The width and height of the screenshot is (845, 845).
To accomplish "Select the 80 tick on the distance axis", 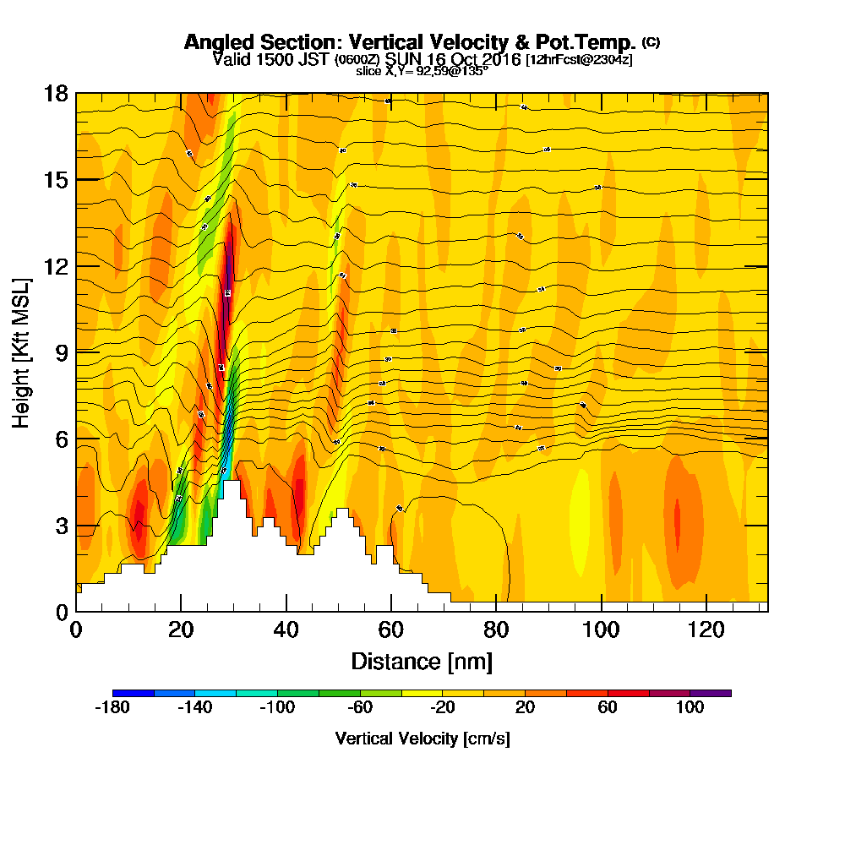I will [x=496, y=629].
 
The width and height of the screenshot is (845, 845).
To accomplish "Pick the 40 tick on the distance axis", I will [x=286, y=629].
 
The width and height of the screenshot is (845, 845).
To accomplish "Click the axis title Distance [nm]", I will [x=422, y=661].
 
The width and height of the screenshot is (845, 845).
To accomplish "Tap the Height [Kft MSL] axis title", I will [x=22, y=352].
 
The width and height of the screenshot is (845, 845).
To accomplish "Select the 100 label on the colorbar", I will [x=690, y=707].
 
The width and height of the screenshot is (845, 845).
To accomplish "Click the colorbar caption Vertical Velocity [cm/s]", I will [x=422, y=739].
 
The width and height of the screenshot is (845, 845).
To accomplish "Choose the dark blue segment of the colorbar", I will [x=133, y=693].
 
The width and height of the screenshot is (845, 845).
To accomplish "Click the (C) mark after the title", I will [x=651, y=41].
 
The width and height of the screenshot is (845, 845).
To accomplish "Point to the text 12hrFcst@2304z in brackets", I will [x=579, y=60].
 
